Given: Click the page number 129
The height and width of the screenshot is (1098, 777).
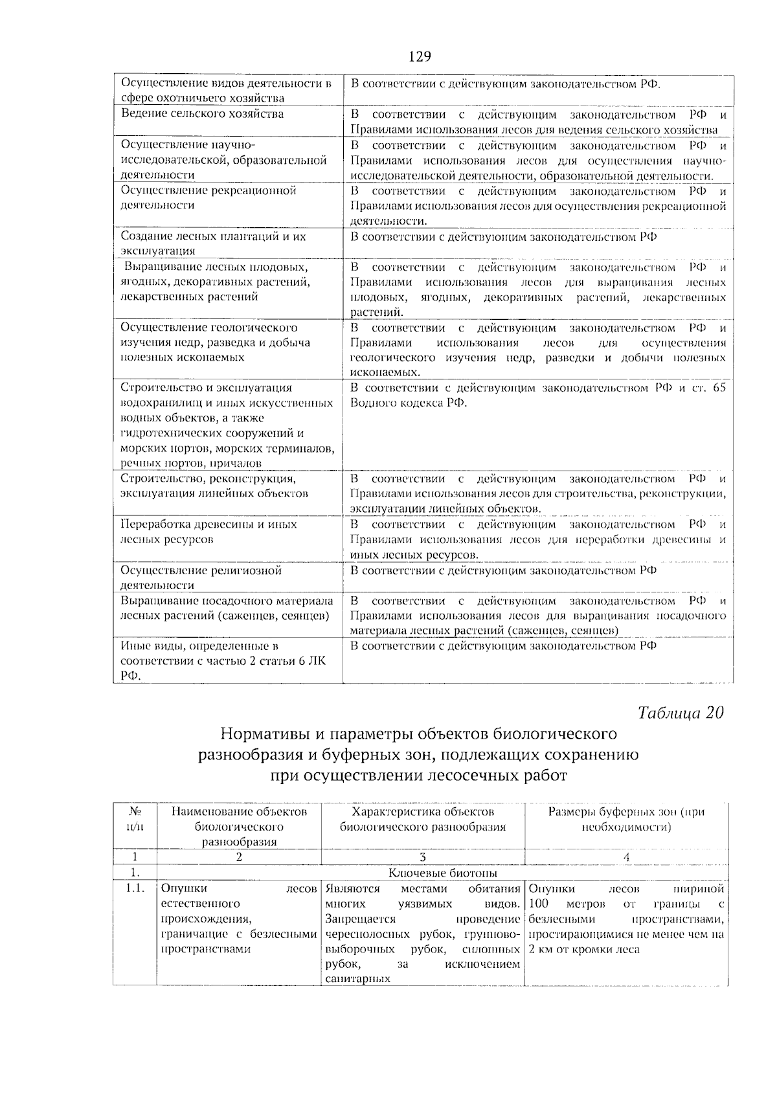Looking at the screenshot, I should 420,56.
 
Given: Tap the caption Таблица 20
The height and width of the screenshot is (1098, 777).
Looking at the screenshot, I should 680,713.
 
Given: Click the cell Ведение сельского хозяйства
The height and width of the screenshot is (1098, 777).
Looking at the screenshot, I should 203,114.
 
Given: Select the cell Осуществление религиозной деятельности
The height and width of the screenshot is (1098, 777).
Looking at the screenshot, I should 201,577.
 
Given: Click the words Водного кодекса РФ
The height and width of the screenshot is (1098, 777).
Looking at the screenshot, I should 408,403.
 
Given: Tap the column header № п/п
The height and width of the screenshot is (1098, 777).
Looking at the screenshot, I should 135,819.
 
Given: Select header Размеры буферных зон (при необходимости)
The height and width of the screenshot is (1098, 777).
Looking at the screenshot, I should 626,819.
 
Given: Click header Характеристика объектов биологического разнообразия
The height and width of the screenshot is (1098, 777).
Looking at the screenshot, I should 422,819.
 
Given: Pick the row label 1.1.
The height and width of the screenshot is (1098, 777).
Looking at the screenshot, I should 135,888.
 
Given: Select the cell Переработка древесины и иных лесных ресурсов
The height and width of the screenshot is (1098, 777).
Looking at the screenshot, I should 209,532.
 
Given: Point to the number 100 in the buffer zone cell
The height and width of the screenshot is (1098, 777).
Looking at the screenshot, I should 538,903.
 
